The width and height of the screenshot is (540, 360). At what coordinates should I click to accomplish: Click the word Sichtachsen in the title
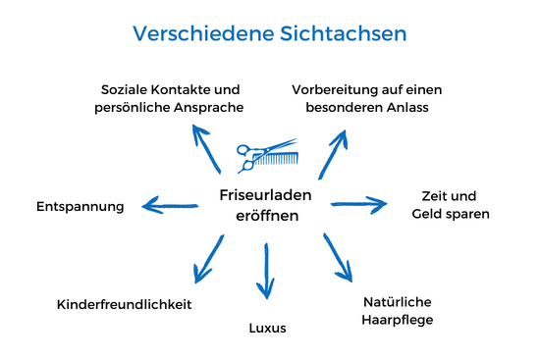339,34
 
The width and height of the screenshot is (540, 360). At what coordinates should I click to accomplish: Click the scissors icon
251,153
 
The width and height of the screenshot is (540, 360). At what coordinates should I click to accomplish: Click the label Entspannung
81,207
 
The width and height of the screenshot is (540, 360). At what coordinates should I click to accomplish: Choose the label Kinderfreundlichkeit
123,304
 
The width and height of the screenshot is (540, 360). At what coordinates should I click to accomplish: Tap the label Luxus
267,328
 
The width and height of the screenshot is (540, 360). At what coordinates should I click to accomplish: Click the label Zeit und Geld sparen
451,204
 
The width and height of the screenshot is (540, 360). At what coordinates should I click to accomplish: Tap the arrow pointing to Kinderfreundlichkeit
206,259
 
